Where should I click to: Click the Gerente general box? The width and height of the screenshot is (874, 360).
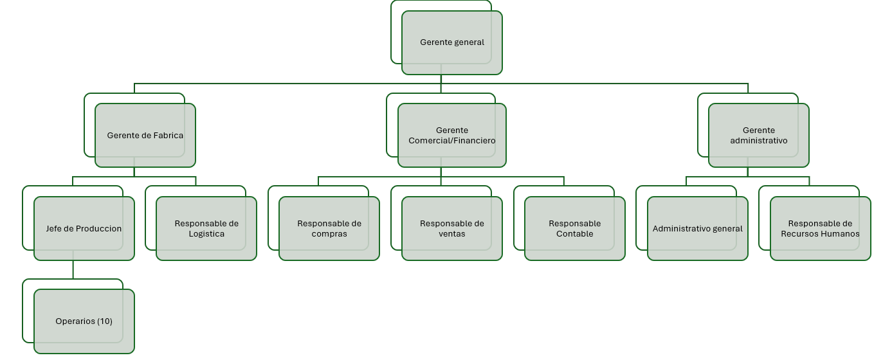tap(452, 42)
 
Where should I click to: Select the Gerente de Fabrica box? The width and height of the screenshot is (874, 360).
tap(145, 136)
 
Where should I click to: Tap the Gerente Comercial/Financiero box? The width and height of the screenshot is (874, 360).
tap(452, 136)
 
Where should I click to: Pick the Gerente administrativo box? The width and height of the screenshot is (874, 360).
tap(758, 136)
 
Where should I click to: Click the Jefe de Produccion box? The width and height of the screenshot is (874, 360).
tap(84, 229)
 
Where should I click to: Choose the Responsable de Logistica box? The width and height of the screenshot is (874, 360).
tap(206, 229)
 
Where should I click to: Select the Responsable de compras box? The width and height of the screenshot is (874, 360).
tap(329, 229)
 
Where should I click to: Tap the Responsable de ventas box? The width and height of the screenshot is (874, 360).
tap(452, 229)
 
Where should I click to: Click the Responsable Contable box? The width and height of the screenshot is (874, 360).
tap(575, 229)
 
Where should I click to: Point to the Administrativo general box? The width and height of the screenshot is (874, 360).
tap(697, 229)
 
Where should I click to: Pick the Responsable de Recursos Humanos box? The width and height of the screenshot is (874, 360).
tap(820, 229)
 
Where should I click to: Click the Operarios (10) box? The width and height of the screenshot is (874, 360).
tap(84, 321)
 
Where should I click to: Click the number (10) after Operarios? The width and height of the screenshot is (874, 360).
tap(105, 321)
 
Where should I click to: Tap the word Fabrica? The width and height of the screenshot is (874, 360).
tap(168, 136)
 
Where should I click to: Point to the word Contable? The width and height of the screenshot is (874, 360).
tap(575, 233)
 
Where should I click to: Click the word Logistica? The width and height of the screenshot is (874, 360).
tap(206, 234)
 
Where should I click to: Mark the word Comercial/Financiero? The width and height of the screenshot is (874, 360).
tap(452, 140)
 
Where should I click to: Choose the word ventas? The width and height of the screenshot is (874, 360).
tap(452, 234)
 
